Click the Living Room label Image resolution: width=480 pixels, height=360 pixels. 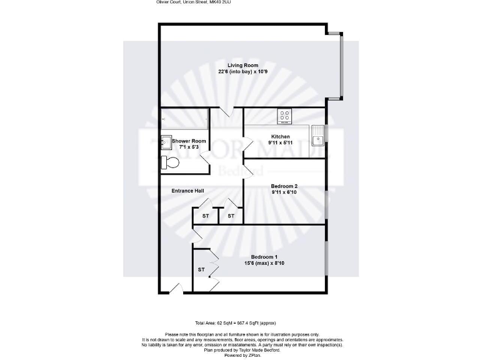tap(242, 66)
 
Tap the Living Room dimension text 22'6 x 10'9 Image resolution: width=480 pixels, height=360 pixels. tap(242, 72)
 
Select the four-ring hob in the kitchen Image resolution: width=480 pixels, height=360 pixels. tap(285, 116)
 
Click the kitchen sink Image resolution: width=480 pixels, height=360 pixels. tap(319, 133)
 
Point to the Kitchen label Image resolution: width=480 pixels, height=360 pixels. tap(280, 137)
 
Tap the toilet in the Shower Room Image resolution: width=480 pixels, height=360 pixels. tap(170, 162)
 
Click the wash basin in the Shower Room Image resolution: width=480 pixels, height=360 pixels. tap(166, 140)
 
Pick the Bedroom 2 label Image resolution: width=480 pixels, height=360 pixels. tap(284, 186)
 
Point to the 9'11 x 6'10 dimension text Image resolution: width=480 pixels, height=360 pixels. tap(284, 192)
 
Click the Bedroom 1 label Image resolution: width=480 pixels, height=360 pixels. tap(264, 257)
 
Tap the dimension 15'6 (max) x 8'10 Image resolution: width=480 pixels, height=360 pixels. tap(264, 264)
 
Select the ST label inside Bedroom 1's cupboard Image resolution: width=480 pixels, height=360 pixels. tap(201, 270)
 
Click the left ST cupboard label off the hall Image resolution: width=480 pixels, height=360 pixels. tap(205, 216)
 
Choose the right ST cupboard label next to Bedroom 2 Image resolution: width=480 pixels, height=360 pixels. tap(231, 216)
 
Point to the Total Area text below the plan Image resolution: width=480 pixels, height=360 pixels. tap(239, 322)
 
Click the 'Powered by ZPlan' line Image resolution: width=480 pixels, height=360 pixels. tap(240, 355)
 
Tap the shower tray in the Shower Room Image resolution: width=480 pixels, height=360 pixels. tap(184, 117)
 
